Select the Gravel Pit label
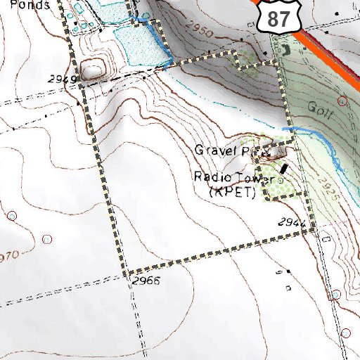pyautogui.click(x=223, y=151)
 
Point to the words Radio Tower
pyautogui.click(x=224, y=176)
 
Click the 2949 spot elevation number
pyautogui.click(x=63, y=79)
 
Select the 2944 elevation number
pyautogui.click(x=292, y=223)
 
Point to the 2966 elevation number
pyautogui.click(x=146, y=281)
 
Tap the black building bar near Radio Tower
pyautogui.click(x=283, y=168)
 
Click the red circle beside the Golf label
pyautogui.click(x=342, y=101)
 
